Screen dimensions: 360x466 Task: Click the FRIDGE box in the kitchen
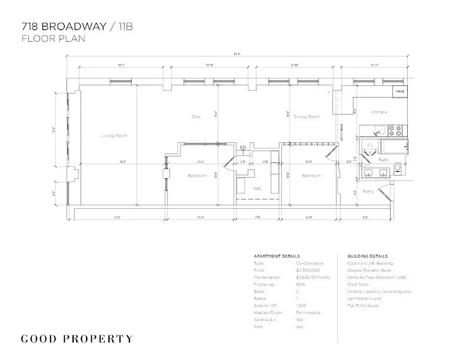point(400,92)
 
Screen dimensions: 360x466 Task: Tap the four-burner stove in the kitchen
point(395,130)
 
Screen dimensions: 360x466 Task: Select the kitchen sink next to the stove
point(380,131)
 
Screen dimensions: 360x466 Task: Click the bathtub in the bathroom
point(394,146)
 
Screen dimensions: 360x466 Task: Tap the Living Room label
point(114,135)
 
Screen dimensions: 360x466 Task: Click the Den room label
point(196,117)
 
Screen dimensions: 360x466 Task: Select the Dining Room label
point(307,117)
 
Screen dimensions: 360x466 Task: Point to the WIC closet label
point(258,188)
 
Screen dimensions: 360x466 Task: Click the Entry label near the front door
point(368,192)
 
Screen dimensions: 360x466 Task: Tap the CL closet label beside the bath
point(371,145)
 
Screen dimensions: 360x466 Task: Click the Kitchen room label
point(379,112)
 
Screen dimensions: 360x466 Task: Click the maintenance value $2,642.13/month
point(312,278)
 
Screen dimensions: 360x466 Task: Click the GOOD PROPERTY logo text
point(77,339)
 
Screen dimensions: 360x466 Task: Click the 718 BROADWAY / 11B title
point(77,26)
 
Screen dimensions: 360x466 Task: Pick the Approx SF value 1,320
point(302,306)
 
